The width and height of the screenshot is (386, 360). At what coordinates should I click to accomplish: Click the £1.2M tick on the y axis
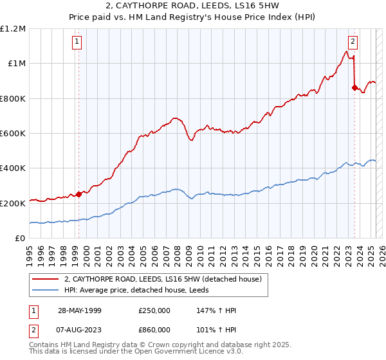pyautogui.click(x=14, y=28)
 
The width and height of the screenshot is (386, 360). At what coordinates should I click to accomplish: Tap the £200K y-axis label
pyautogui.click(x=14, y=203)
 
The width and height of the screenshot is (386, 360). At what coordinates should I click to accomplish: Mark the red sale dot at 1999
pyautogui.click(x=78, y=194)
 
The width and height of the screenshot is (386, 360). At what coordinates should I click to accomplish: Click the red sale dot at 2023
pyautogui.click(x=354, y=87)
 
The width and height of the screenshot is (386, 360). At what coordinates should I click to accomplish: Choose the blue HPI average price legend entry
pyautogui.click(x=136, y=291)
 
